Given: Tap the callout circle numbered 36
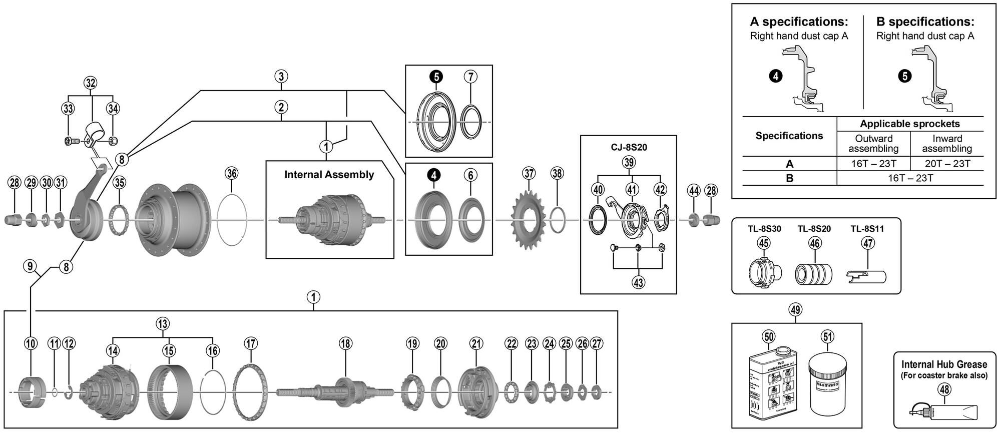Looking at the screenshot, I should click(x=231, y=173).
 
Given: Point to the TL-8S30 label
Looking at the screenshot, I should click(x=764, y=229).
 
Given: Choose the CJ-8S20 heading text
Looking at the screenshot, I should click(x=629, y=148).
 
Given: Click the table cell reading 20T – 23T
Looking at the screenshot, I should click(x=946, y=164).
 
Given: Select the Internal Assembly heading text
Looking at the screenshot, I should click(x=329, y=175).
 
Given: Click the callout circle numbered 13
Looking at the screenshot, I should click(x=163, y=323).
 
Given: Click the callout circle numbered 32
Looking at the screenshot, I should click(x=90, y=83).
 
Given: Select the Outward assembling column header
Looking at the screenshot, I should click(x=873, y=144).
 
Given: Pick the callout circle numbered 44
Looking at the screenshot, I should click(x=693, y=190).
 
